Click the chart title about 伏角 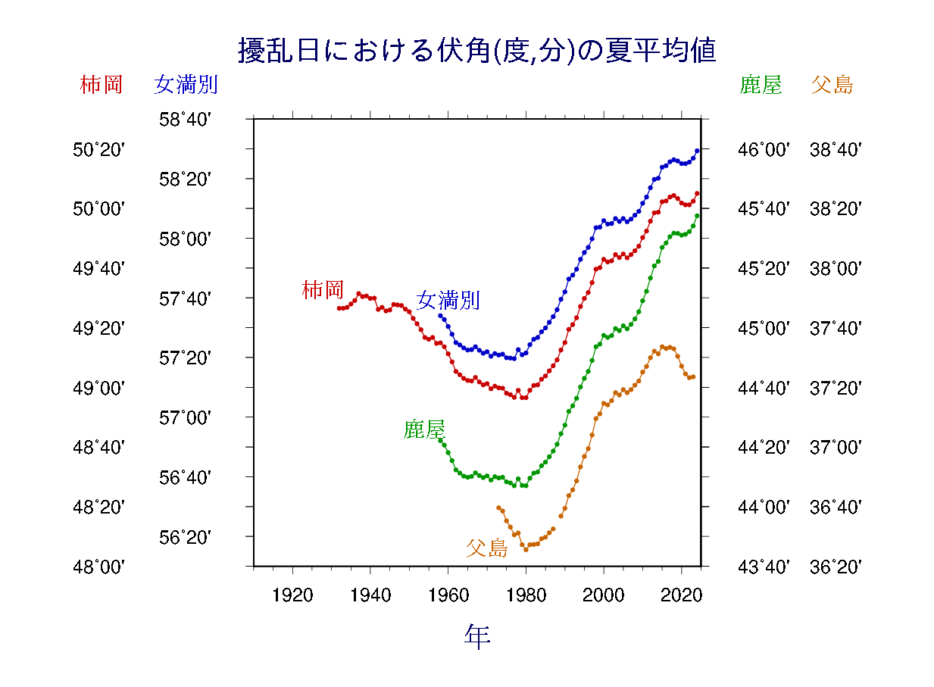pos(477,52)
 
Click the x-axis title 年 pos(477,637)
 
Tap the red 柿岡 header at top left pos(101,85)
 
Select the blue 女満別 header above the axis pos(186,85)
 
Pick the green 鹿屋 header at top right pos(760,85)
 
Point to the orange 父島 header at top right pos(832,85)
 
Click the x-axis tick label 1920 pos(292,595)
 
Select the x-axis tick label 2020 pos(682,595)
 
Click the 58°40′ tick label pos(185,120)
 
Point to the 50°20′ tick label pos(98,150)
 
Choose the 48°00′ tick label pos(98,567)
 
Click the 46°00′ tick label pos(764,150)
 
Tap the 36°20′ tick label pos(836,567)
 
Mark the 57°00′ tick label pos(185,417)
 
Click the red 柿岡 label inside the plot pos(323,289)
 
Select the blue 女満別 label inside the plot pos(448,301)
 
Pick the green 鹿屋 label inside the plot pos(423,430)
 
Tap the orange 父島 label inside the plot pos(486,548)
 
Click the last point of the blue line pos(697,151)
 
